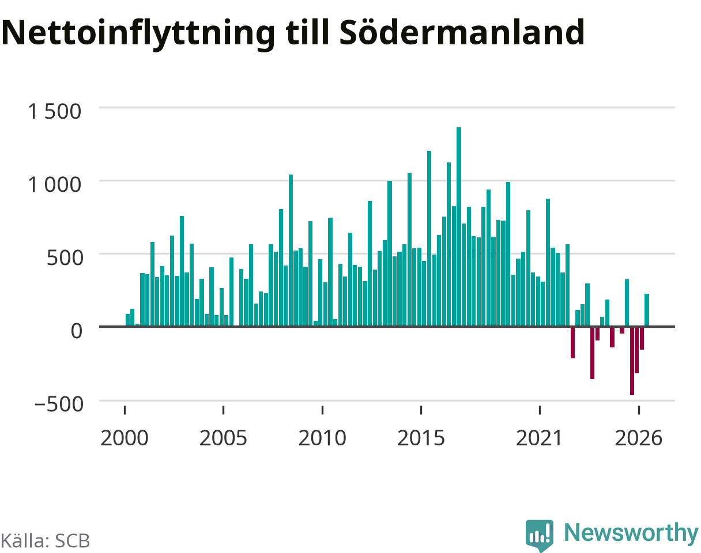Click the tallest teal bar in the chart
click(x=459, y=226)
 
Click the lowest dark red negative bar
click(x=632, y=361)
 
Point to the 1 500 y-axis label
click(x=54, y=112)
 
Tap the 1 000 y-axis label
click(x=54, y=185)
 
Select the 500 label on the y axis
click(x=65, y=258)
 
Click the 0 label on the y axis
click(x=77, y=331)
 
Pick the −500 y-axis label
click(x=59, y=404)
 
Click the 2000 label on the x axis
click(x=125, y=438)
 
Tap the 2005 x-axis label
click(x=223, y=438)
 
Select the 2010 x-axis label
click(x=322, y=438)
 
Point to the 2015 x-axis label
click(x=421, y=438)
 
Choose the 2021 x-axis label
click(x=540, y=438)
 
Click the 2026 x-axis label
click(x=639, y=438)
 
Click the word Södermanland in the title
click(x=462, y=32)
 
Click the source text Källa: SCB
click(x=46, y=541)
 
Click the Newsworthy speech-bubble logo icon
click(x=540, y=534)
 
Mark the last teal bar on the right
click(x=647, y=310)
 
